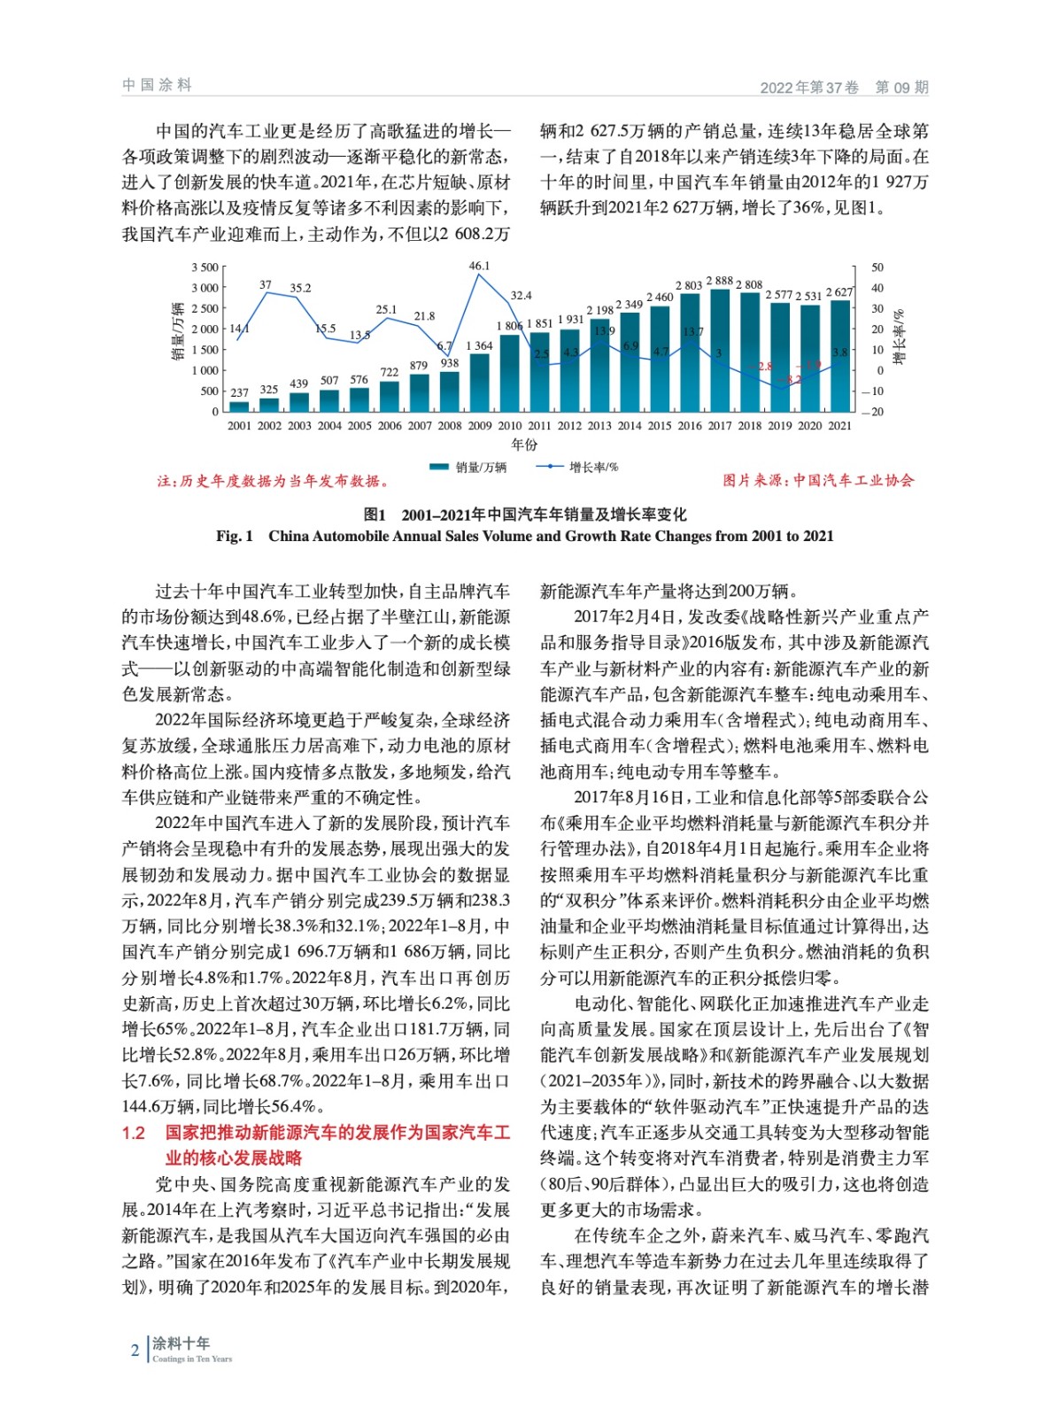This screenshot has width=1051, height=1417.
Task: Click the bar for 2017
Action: [x=720, y=351]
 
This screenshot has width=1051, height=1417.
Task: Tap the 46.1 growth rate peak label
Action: [x=479, y=266]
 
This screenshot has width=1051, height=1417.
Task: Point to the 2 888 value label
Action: [x=719, y=281]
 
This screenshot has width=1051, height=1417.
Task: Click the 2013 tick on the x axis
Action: [x=599, y=426]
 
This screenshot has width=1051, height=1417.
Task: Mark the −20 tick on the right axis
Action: [x=872, y=412]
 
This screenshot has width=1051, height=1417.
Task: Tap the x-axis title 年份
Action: [x=524, y=445]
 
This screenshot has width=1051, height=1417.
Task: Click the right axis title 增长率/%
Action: [x=899, y=337]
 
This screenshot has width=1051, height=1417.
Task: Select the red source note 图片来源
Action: [x=818, y=480]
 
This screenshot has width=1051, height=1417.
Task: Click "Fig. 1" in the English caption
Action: [x=235, y=536]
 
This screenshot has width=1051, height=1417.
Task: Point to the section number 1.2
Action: [x=134, y=1133]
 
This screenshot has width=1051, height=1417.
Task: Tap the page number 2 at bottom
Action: [x=135, y=1351]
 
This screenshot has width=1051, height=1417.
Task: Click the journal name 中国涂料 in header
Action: [x=158, y=85]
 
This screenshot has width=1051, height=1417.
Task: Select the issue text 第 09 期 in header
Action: [x=901, y=87]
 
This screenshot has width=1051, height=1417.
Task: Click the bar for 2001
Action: [x=239, y=407]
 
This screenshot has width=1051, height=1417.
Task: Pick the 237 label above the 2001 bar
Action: [x=239, y=392]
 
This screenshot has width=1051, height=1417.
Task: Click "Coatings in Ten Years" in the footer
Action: [x=192, y=1359]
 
